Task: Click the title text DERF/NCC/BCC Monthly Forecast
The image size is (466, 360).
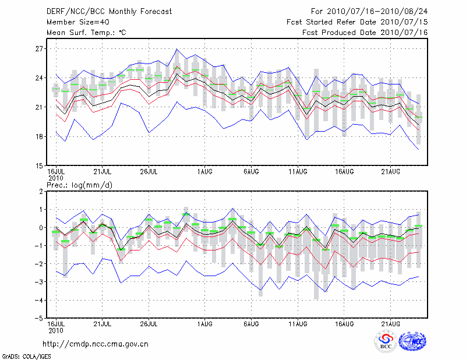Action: coord(109,11)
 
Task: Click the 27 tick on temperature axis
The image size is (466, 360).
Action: coord(40,49)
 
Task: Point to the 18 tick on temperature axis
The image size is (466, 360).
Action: coord(40,136)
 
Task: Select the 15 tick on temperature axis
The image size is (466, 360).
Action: coord(40,165)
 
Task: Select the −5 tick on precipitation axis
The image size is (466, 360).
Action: coord(40,318)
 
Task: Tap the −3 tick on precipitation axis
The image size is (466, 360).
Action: coord(40,282)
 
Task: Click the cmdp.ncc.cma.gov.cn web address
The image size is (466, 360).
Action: coord(96,344)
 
